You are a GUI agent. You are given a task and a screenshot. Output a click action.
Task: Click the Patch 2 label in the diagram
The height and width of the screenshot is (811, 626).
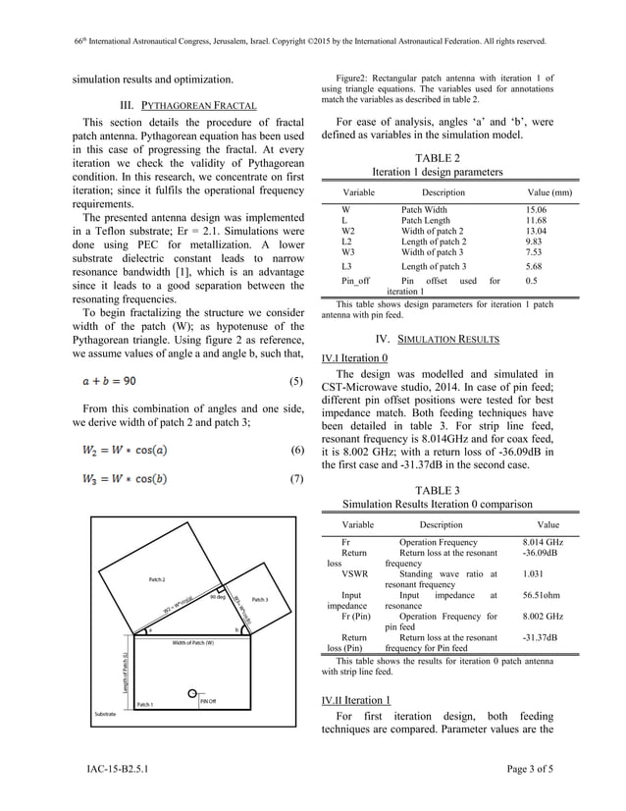tap(157, 580)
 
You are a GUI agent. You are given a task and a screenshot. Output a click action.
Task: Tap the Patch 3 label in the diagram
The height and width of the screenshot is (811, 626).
tap(260, 599)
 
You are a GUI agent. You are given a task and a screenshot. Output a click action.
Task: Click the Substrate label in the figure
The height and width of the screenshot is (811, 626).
tap(105, 712)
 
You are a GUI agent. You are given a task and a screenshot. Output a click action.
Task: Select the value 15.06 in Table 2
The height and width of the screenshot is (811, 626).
tap(536, 210)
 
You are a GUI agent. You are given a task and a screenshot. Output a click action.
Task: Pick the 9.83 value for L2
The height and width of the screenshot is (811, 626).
tap(534, 241)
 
